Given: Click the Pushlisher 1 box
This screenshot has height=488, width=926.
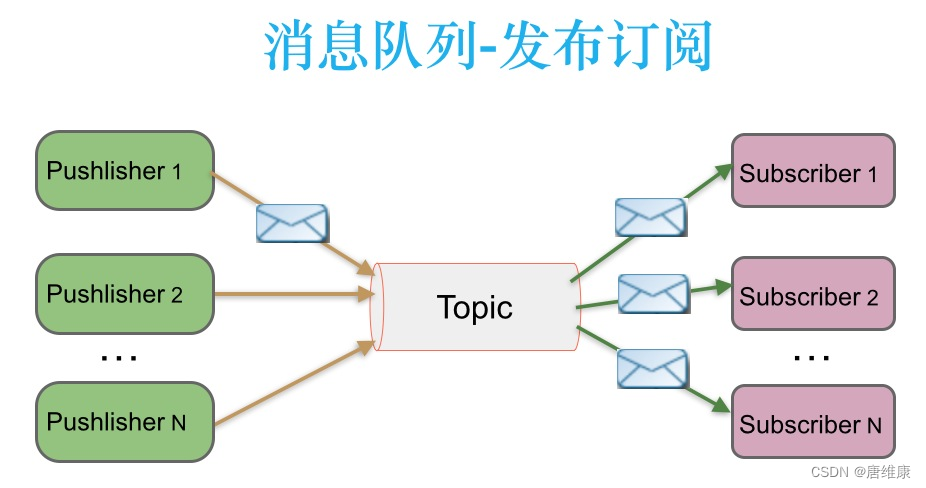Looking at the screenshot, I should pyautogui.click(x=125, y=170).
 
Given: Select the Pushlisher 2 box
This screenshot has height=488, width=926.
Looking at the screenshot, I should pyautogui.click(x=125, y=294).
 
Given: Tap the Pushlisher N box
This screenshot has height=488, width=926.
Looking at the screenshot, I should pyautogui.click(x=125, y=421).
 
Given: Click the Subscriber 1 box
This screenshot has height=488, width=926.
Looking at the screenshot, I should pyautogui.click(x=813, y=172).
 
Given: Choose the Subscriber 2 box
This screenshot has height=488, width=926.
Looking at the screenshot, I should pyautogui.click(x=813, y=296).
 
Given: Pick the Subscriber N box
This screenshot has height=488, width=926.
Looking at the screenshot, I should pyautogui.click(x=813, y=423).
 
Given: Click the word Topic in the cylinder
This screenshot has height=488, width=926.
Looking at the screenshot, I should pyautogui.click(x=474, y=307).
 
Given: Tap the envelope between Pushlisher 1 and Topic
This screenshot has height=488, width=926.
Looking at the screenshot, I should pyautogui.click(x=292, y=223).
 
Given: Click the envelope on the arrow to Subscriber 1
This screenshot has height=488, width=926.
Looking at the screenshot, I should pyautogui.click(x=650, y=217).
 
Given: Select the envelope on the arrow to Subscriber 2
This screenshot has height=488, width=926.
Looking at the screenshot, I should pyautogui.click(x=653, y=293).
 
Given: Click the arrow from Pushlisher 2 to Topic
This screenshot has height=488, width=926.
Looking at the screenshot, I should pyautogui.click(x=290, y=294).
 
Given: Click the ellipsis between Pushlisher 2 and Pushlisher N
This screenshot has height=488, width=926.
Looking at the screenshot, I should pyautogui.click(x=119, y=357).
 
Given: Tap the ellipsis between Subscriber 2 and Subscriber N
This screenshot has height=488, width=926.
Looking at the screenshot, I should pyautogui.click(x=811, y=357).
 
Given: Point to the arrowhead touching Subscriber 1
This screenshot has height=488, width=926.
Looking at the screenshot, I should pyautogui.click(x=722, y=171).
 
